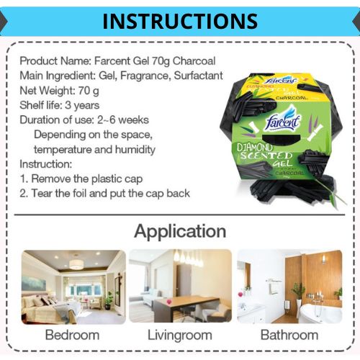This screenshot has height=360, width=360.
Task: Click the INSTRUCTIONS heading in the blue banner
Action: pos(180,21)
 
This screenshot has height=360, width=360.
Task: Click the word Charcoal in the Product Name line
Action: pos(194,61)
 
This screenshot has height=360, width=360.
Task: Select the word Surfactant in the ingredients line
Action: pos(198,76)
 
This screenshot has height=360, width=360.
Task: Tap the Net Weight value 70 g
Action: pos(89,91)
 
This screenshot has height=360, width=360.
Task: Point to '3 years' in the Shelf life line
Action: pos(82,105)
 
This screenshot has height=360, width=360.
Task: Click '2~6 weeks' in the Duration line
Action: pos(123,120)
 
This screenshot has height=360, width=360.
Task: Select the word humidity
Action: pos(135,149)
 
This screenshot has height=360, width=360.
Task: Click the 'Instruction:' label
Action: pos(46,164)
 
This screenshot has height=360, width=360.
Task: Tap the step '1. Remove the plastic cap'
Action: pos(81,179)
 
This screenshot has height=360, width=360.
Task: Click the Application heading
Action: pos(180,232)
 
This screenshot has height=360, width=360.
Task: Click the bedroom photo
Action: pos(73,287)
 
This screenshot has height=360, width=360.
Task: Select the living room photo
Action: pos(180,286)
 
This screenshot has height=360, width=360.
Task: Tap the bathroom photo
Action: pos(289,287)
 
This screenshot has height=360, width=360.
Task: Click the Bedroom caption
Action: pos(72,335)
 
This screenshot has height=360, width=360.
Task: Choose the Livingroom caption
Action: pos(180,336)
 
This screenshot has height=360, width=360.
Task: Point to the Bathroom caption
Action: pos(289,335)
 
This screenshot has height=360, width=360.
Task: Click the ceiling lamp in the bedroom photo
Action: pos(76,264)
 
